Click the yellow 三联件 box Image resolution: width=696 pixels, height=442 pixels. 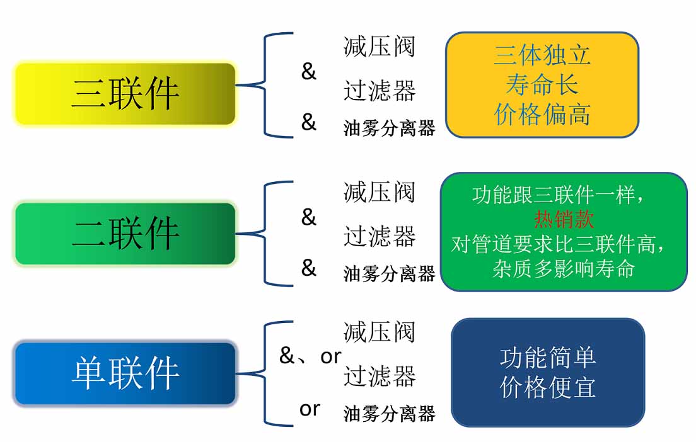click(x=125, y=94)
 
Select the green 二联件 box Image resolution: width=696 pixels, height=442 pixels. click(x=125, y=234)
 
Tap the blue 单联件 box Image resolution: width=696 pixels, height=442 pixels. click(x=125, y=373)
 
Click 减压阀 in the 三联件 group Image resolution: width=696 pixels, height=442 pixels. click(x=379, y=47)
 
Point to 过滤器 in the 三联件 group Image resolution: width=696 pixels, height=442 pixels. click(x=380, y=91)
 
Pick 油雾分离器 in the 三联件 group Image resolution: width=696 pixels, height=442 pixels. click(x=389, y=128)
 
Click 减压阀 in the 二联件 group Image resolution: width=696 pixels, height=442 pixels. click(x=379, y=192)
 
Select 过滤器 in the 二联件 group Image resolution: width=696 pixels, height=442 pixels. click(x=380, y=236)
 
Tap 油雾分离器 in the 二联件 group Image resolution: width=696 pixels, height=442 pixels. click(x=389, y=273)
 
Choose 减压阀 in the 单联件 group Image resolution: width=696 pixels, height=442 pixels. click(x=379, y=332)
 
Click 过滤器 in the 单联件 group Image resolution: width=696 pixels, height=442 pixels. click(x=380, y=376)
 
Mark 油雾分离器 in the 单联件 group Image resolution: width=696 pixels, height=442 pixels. click(x=389, y=414)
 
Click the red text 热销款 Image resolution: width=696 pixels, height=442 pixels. click(x=564, y=218)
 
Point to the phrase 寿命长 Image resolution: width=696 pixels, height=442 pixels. click(x=542, y=84)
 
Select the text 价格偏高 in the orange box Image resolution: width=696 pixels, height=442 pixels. click(x=542, y=114)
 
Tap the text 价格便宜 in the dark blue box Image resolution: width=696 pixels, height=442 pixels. click(x=548, y=387)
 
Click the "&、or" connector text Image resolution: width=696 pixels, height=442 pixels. click(x=310, y=356)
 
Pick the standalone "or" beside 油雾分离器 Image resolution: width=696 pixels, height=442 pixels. click(x=310, y=409)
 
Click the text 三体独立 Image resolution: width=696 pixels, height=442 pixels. click(x=542, y=55)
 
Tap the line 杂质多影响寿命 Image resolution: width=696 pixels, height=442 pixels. click(x=564, y=269)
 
